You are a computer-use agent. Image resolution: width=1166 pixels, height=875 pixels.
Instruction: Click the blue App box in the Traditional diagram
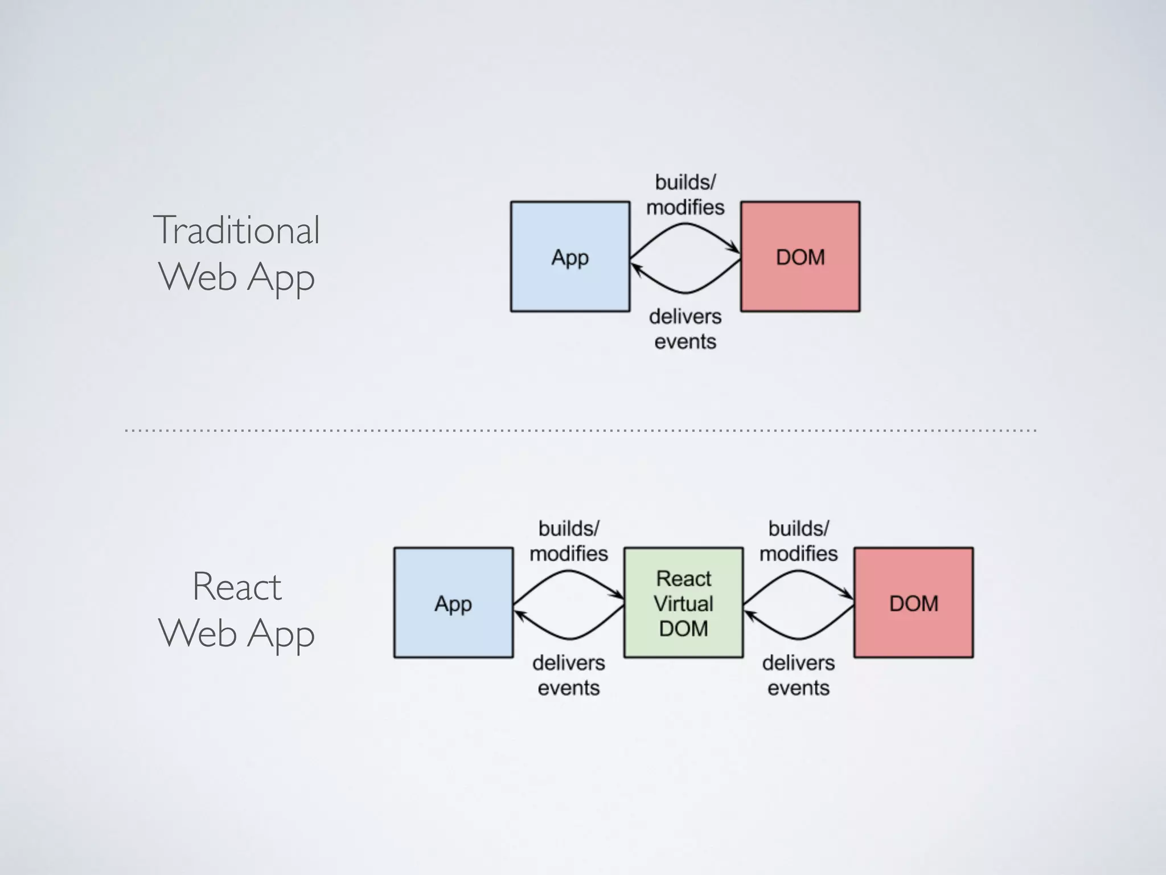570,256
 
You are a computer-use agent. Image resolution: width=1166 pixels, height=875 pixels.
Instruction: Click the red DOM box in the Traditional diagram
800,256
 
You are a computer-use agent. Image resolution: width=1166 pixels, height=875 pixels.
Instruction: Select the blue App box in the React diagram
453,603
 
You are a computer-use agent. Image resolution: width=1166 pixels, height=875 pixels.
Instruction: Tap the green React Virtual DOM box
683,603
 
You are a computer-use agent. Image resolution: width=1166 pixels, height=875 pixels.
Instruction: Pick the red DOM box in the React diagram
913,603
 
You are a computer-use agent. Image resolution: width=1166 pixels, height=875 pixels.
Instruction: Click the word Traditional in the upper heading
236,230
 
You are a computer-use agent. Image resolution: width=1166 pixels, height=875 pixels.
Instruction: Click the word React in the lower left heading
237,586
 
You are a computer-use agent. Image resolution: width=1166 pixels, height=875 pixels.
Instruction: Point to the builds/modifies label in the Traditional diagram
685,195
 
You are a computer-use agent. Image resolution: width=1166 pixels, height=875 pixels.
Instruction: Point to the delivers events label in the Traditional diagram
685,329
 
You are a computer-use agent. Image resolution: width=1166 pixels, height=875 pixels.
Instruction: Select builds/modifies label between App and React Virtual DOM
568,541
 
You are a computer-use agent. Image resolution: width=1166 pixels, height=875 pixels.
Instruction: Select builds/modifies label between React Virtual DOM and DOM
798,541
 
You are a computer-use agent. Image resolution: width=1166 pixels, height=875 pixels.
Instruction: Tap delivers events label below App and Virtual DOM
568,675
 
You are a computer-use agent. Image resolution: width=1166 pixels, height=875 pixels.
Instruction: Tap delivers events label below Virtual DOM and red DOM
798,675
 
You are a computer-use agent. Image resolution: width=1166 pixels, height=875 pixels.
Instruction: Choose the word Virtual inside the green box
683,603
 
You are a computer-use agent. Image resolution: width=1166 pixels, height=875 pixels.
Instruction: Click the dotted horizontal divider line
581,430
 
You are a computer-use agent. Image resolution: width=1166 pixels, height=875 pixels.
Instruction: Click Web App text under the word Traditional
236,277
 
